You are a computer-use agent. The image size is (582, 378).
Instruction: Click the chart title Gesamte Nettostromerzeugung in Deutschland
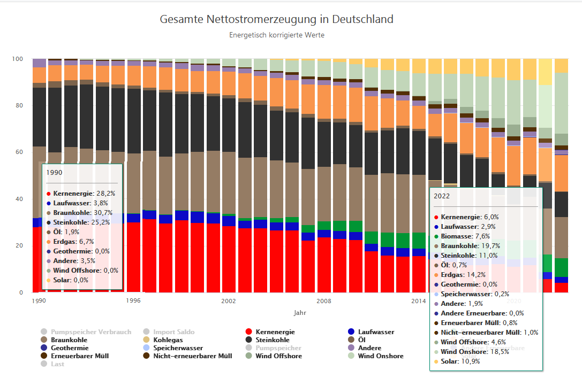[276, 20]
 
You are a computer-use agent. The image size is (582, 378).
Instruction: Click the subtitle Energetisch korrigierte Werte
[276, 35]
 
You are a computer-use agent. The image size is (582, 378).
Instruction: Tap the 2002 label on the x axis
[229, 301]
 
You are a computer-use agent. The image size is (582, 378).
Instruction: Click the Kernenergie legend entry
[275, 332]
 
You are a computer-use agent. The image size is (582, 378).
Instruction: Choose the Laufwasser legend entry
[376, 332]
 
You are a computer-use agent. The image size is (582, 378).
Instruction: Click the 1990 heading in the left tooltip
[54, 173]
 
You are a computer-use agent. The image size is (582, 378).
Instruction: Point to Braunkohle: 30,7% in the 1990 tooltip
[83, 212]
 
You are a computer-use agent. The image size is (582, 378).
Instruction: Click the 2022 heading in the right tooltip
[442, 196]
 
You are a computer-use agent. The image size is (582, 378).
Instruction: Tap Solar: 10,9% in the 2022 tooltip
[460, 361]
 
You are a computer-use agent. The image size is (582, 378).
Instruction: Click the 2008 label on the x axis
[324, 301]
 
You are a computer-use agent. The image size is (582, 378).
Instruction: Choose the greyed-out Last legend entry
[57, 364]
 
